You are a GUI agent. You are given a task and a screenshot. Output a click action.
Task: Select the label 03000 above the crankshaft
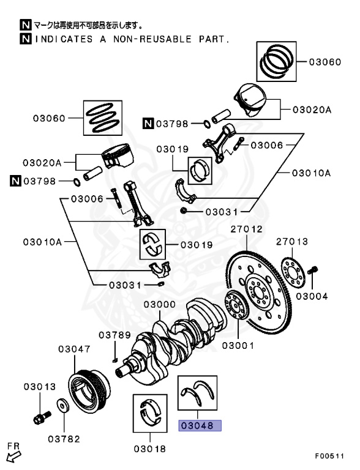(160, 304)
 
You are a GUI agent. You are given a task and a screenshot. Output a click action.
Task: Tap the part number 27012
(246, 229)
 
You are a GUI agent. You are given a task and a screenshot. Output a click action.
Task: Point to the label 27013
(292, 242)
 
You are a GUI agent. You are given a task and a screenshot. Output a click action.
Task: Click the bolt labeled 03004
(313, 270)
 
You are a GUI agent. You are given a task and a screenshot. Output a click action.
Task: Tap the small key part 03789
(114, 360)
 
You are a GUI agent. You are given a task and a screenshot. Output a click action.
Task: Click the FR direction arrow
(14, 457)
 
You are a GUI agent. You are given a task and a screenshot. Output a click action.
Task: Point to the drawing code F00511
(329, 456)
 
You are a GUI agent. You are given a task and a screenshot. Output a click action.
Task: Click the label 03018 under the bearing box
(149, 449)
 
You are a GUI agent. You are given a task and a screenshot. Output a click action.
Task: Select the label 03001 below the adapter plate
(238, 346)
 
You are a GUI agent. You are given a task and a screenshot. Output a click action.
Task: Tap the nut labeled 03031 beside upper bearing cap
(184, 211)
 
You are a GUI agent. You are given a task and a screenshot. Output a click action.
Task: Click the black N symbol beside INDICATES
(26, 39)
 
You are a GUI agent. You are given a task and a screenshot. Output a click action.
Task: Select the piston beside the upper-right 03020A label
(250, 99)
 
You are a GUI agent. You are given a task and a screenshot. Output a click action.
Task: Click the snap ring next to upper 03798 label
(207, 123)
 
